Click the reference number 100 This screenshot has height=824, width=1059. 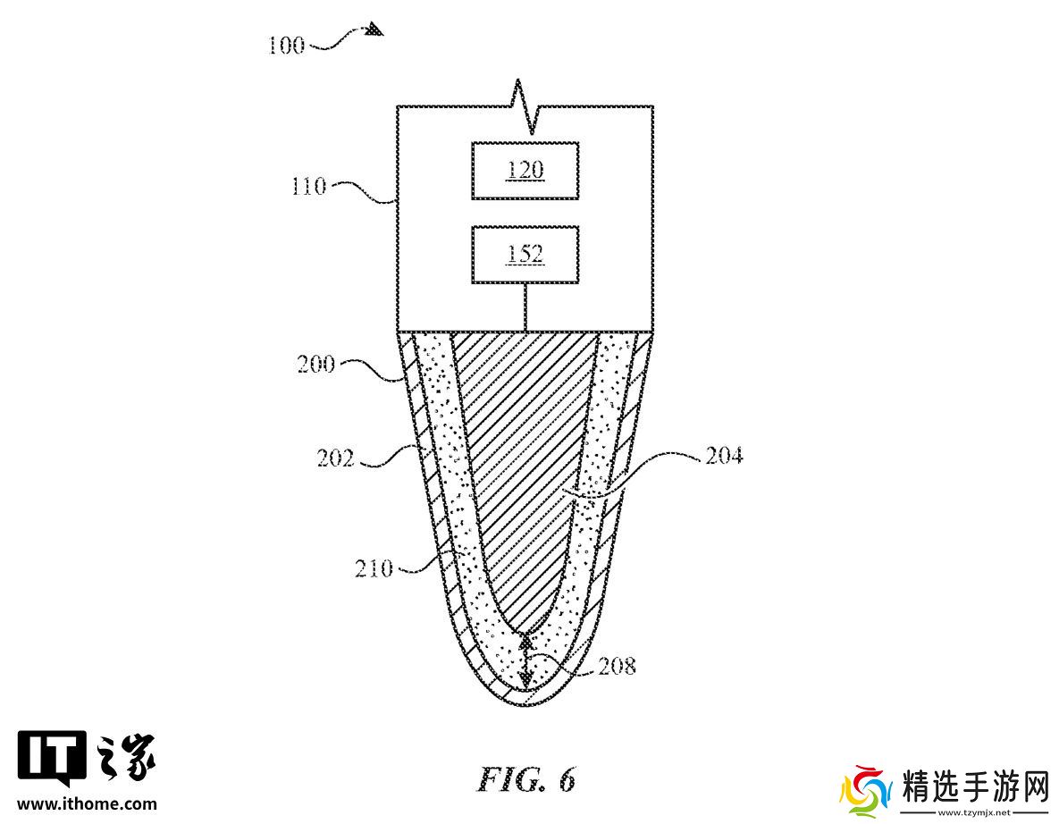(286, 46)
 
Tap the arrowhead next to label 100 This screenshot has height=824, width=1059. (375, 29)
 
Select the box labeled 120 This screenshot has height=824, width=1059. (525, 170)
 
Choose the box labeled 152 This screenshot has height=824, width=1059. (525, 255)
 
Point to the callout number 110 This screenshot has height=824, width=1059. (308, 186)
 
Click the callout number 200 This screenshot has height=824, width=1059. (316, 364)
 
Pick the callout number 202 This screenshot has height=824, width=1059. (336, 458)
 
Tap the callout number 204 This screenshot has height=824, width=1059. (724, 456)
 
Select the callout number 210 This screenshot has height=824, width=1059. (374, 568)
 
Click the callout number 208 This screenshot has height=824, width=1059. (618, 666)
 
